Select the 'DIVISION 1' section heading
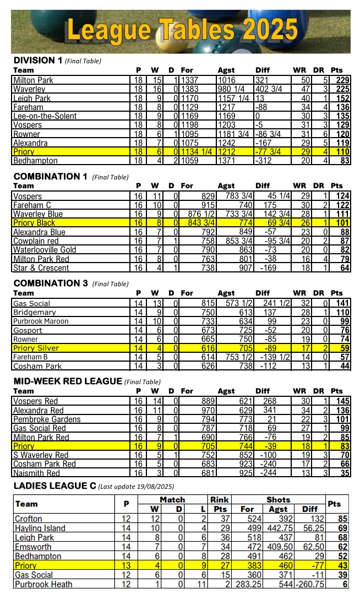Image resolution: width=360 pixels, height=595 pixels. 37,61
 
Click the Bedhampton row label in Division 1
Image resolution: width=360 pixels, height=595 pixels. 35,161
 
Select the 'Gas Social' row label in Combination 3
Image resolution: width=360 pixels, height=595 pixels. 31,303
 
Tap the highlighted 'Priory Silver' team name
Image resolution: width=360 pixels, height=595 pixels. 36,348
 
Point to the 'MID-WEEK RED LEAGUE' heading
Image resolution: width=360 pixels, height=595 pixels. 67,381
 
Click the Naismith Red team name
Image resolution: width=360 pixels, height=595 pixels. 36,473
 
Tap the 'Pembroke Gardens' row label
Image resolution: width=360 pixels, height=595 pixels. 47,419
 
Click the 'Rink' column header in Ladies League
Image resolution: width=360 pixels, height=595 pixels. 220,500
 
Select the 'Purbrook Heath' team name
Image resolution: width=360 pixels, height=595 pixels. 43,584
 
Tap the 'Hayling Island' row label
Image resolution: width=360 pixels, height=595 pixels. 40,528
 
